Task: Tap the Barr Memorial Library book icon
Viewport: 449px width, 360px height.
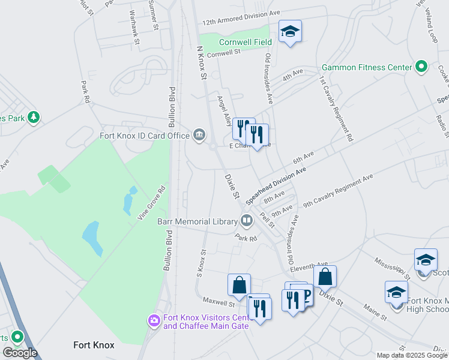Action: point(246,221)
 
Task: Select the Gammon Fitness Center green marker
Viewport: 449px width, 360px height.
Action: point(421,67)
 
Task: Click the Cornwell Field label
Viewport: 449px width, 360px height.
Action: point(245,42)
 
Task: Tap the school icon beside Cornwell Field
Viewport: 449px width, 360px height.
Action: point(290,31)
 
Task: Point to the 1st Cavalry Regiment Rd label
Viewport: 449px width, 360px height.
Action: point(336,107)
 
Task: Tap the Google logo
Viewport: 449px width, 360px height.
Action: point(20,353)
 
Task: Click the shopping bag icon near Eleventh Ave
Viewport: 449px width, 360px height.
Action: point(325,277)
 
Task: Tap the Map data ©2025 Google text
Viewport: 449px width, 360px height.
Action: point(412,355)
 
